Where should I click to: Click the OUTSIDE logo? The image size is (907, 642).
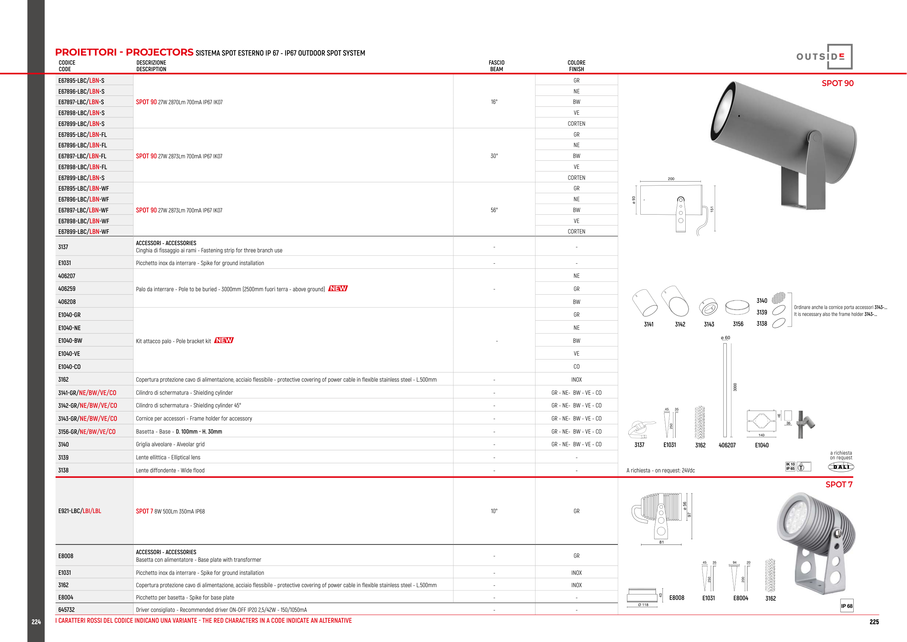click(824, 57)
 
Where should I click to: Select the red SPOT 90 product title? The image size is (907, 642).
click(837, 84)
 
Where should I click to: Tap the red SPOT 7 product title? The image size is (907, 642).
click(839, 485)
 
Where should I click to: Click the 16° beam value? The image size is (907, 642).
click(494, 102)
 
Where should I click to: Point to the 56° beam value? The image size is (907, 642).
click(494, 210)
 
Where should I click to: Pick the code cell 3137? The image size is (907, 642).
click(63, 247)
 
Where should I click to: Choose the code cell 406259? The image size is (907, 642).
click(67, 289)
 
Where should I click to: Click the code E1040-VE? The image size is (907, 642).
click(69, 354)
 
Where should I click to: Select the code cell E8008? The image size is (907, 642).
click(66, 556)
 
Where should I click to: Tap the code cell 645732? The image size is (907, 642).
click(66, 610)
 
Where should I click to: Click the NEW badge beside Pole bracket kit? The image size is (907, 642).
click(224, 340)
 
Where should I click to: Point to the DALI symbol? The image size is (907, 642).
click(841, 467)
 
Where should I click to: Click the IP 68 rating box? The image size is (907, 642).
click(846, 606)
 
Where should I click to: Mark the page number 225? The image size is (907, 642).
click(874, 622)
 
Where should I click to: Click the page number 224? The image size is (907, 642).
click(36, 622)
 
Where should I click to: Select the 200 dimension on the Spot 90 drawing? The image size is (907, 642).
click(671, 179)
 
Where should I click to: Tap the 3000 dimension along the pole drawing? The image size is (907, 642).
click(735, 387)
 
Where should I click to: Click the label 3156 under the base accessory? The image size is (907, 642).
click(738, 324)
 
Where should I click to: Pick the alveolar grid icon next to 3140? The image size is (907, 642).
click(779, 298)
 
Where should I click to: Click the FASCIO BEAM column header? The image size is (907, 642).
click(496, 66)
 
